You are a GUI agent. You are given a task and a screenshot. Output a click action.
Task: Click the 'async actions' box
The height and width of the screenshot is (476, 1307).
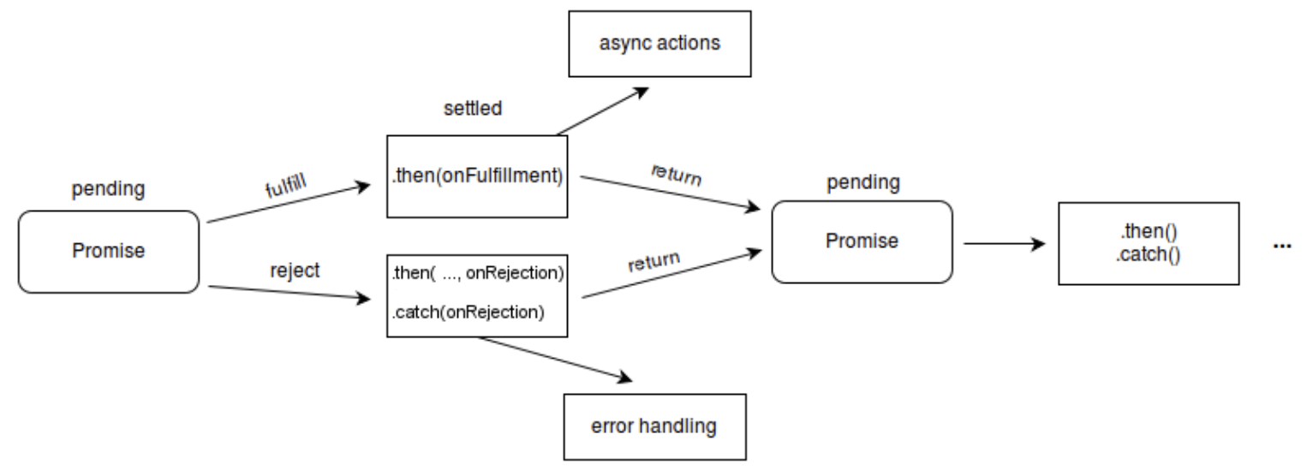pos(659,44)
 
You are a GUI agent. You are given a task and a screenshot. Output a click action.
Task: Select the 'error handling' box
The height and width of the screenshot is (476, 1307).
pos(654,427)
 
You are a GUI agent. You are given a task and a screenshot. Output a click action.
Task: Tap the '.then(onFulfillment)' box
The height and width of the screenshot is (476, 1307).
pos(477,176)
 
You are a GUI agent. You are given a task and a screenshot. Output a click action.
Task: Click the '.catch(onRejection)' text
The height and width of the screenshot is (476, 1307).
pos(468,312)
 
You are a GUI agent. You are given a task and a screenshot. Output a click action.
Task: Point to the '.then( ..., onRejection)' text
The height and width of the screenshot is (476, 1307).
pos(478,273)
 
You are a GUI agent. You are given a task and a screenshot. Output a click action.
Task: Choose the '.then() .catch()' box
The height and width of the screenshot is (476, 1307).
pos(1149,244)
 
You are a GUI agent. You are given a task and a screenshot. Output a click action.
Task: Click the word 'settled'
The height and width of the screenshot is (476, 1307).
pos(473,109)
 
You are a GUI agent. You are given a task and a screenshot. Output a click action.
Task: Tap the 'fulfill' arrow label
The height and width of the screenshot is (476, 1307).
pos(286,186)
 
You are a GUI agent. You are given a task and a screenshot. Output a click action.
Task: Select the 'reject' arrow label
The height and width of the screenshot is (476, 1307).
pos(295,271)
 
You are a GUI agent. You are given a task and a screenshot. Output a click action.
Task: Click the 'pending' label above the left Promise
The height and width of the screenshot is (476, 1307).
pos(108,189)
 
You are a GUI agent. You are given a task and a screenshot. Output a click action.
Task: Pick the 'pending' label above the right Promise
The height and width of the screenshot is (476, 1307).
pos(863,183)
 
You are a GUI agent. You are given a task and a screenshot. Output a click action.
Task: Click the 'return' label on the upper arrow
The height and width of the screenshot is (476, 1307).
pos(677,175)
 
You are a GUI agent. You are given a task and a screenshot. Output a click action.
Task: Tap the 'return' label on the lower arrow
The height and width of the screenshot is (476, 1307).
pos(653,261)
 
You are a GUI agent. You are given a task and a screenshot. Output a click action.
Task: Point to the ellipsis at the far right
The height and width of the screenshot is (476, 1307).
pos(1282,247)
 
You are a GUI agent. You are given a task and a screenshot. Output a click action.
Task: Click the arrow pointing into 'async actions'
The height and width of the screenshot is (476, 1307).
pos(603,111)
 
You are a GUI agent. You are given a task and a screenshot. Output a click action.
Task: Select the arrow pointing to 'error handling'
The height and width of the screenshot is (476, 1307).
pos(556,360)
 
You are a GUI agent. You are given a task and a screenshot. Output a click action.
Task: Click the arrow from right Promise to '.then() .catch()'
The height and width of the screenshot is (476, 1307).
pos(1005,244)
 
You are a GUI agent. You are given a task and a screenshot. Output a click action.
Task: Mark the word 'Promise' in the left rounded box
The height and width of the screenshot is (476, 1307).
pos(109,251)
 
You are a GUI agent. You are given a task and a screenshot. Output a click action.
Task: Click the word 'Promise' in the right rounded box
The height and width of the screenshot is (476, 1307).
pos(862,241)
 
